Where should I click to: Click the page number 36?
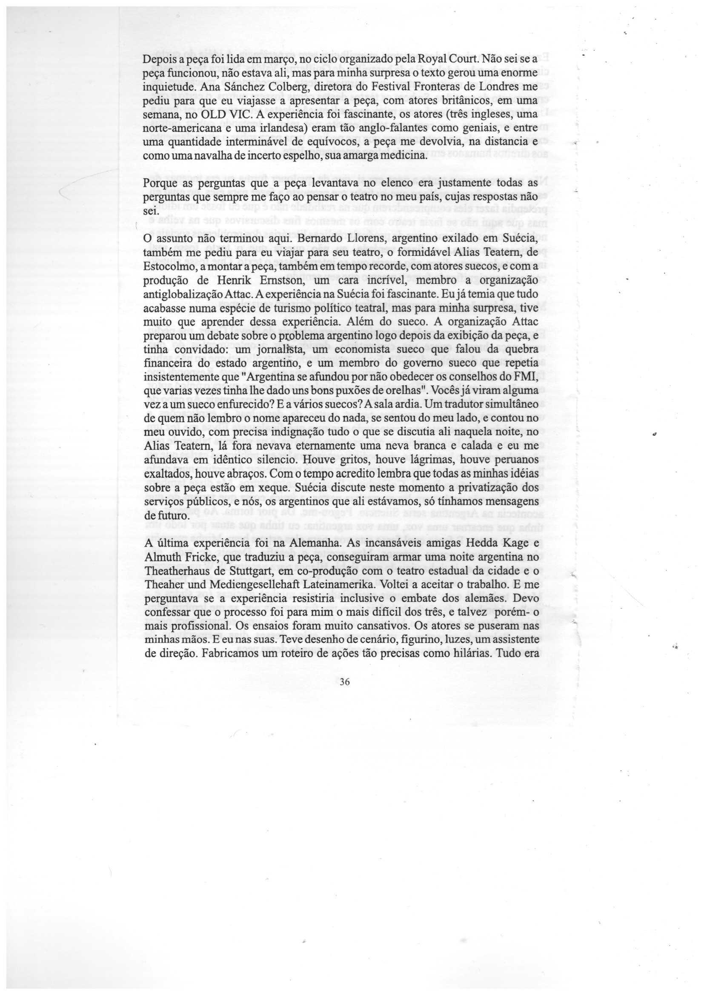tap(345, 682)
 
